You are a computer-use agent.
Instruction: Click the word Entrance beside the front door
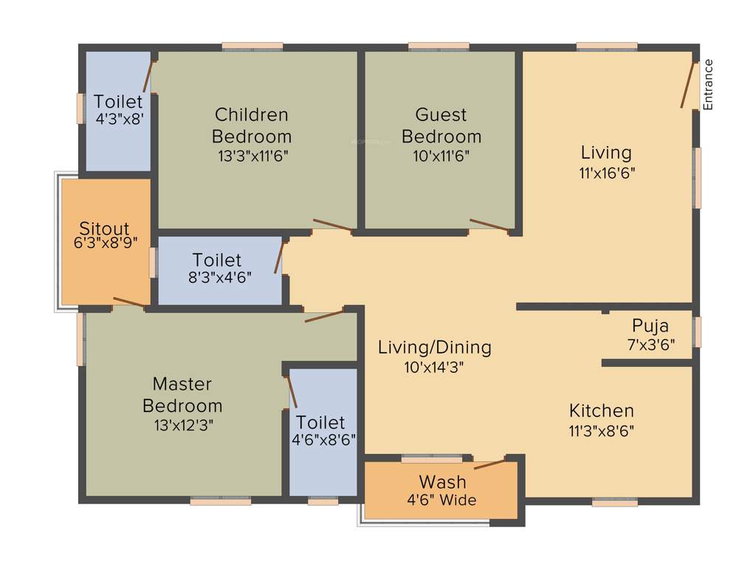coord(709,84)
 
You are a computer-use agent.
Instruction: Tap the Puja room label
coord(650,326)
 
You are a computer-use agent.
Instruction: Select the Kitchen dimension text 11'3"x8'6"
coord(602,430)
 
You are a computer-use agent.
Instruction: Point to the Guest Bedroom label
coord(441,126)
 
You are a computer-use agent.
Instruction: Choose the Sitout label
coord(104,228)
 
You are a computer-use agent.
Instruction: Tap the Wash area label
coord(443,482)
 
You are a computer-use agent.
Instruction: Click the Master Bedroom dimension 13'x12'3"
coord(182,425)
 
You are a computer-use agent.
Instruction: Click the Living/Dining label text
coord(434,347)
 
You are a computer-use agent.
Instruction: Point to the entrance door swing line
coord(689,85)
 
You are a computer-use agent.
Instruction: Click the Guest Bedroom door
coord(489,225)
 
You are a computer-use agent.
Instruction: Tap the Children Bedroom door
coord(332,225)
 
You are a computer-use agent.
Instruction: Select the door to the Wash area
coord(490,463)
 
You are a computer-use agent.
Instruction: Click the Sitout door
coord(128,302)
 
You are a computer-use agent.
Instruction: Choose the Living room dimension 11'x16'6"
coord(606,173)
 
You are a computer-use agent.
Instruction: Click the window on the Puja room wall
coord(698,332)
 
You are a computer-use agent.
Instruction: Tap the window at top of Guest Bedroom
coord(439,47)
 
